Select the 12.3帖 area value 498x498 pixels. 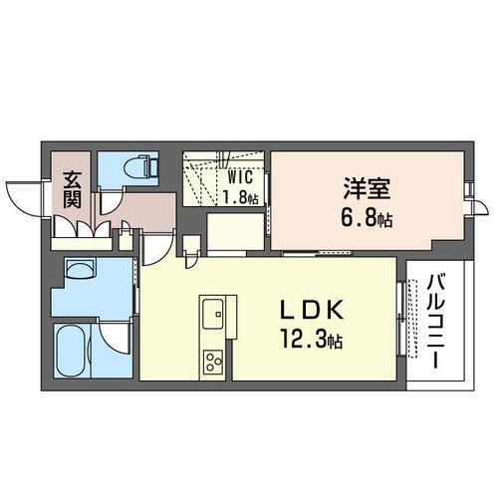tap(317, 342)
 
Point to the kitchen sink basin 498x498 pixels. tap(214, 317)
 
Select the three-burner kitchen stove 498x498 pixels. tap(214, 361)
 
